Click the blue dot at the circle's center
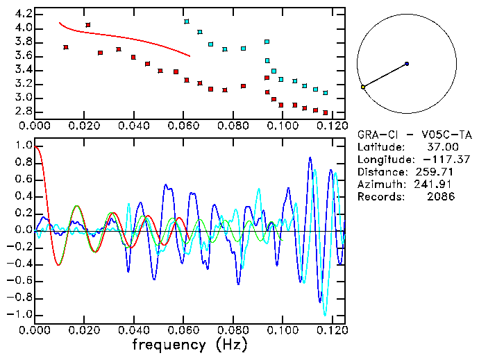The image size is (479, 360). [407, 64]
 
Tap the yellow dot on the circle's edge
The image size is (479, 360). [363, 87]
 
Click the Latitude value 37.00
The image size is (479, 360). [442, 147]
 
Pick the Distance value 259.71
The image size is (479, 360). [437, 172]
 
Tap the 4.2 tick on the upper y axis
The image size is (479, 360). [24, 14]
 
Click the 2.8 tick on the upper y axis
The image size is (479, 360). [24, 112]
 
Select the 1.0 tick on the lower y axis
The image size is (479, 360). [24, 146]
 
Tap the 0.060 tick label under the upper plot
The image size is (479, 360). [183, 126]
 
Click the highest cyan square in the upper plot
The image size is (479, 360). [187, 22]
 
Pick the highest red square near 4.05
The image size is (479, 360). [87, 25]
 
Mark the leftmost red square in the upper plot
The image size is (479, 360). [65, 47]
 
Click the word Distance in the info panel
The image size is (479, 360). [379, 172]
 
